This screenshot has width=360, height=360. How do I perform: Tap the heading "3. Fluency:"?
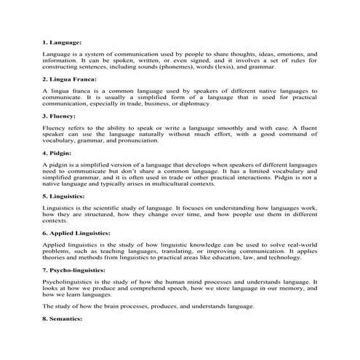60,116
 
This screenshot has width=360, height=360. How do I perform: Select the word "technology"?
294,258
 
